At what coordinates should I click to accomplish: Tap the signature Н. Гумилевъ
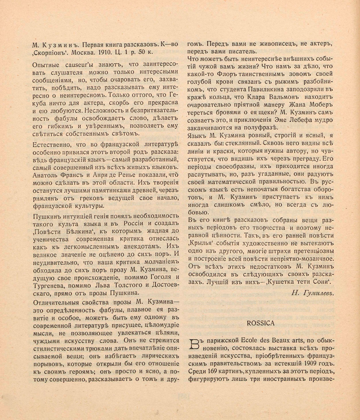pyautogui.click(x=312, y=293)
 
